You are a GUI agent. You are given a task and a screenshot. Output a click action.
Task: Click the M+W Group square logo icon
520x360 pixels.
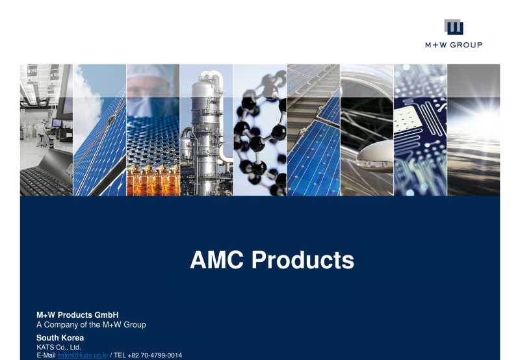(454, 27)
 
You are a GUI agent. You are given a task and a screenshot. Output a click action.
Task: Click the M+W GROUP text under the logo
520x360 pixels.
(454, 45)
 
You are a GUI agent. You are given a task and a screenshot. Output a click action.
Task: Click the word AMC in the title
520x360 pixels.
(217, 261)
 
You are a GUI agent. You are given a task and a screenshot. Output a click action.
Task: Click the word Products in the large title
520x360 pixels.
(302, 261)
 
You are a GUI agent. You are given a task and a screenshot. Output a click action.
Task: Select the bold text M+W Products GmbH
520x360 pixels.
(77, 315)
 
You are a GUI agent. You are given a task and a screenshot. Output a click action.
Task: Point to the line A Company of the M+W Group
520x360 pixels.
(91, 324)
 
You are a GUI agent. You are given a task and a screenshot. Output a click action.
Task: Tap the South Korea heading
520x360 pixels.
(60, 338)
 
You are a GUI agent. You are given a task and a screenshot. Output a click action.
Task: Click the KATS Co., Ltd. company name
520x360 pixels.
(58, 348)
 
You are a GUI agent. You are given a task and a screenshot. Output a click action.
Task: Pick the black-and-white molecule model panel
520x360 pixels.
(260, 130)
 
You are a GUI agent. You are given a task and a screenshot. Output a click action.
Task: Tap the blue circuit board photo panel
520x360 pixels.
(420, 130)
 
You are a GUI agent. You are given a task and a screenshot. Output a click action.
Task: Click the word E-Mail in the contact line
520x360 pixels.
(46, 355)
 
